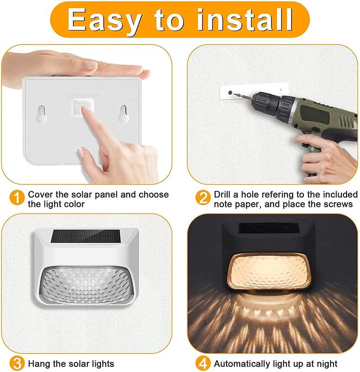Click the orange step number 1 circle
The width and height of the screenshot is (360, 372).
point(17,198)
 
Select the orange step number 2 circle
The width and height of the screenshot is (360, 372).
point(203,198)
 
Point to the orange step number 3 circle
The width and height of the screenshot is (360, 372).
point(17,364)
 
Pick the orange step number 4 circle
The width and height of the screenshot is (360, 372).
point(203,364)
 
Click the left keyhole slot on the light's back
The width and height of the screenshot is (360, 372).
point(41,114)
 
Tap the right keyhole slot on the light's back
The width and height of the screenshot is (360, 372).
point(123,114)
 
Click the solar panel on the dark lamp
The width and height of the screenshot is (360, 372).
point(268,228)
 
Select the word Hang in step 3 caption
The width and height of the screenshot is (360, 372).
point(39,364)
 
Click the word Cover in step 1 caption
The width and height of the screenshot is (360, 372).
point(40,194)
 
